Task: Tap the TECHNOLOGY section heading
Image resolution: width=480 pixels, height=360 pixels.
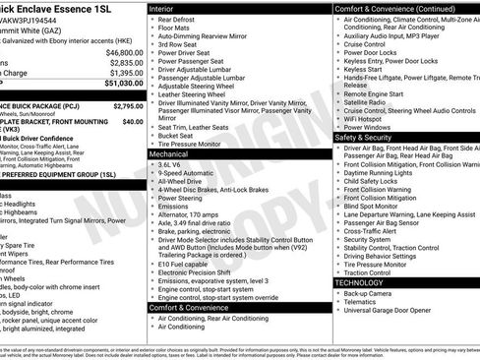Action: click(x=359, y=282)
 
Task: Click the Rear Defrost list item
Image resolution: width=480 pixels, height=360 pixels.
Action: click(x=179, y=19)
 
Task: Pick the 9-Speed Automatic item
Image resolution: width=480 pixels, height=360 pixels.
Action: click(x=188, y=173)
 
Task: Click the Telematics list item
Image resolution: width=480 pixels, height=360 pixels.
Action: click(x=363, y=301)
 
